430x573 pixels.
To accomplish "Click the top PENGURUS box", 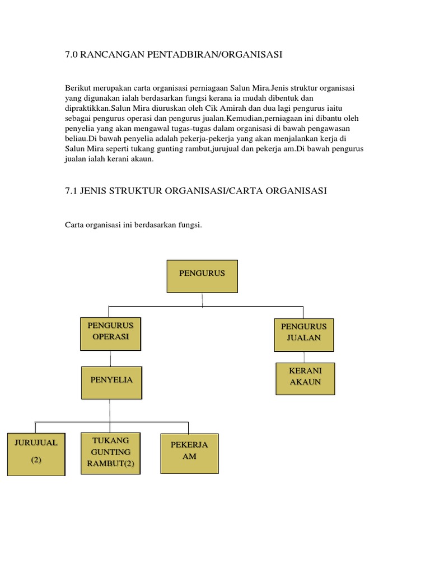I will tap(202, 275).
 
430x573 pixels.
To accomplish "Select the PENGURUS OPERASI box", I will tap(110, 333).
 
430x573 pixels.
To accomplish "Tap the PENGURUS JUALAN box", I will tap(303, 334).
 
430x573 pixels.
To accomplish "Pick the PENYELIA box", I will tap(111, 382).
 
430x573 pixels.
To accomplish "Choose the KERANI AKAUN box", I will tap(305, 378).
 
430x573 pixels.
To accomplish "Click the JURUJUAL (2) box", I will tap(36, 454).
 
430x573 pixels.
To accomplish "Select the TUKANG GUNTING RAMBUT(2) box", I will tap(110, 453).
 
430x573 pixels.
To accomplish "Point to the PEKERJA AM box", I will tap(189, 453).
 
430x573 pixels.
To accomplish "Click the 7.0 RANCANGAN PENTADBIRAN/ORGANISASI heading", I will tap(174, 54).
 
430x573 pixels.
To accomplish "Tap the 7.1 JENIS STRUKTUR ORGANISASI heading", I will tap(196, 191).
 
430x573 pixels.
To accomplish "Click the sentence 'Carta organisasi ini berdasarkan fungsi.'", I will tap(133, 225).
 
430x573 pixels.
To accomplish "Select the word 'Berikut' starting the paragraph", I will tap(77, 88).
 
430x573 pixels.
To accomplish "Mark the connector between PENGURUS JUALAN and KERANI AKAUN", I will tap(303, 357).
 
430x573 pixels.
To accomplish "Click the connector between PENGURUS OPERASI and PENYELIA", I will tap(111, 359).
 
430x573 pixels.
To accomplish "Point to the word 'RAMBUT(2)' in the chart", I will tap(110, 463).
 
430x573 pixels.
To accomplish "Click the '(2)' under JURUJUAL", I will tap(36, 461).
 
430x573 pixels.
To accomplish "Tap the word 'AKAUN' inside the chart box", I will tap(305, 382).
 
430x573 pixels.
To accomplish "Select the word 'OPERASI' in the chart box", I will tap(111, 336).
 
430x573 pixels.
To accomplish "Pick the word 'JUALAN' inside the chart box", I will tap(303, 337).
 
